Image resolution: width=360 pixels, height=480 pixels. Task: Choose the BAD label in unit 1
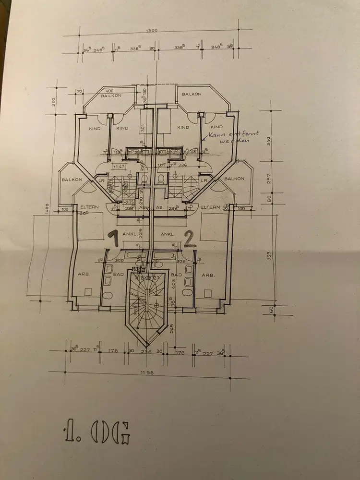(119, 275)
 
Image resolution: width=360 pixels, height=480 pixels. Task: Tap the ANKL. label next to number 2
(167, 235)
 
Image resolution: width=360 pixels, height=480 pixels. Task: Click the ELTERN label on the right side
(210, 207)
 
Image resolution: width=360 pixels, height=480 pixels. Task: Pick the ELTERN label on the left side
(89, 207)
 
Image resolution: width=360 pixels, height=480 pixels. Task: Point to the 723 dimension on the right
(270, 254)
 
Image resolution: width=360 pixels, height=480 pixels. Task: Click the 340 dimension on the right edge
(270, 141)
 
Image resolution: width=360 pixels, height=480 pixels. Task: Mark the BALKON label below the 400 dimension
(111, 96)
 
